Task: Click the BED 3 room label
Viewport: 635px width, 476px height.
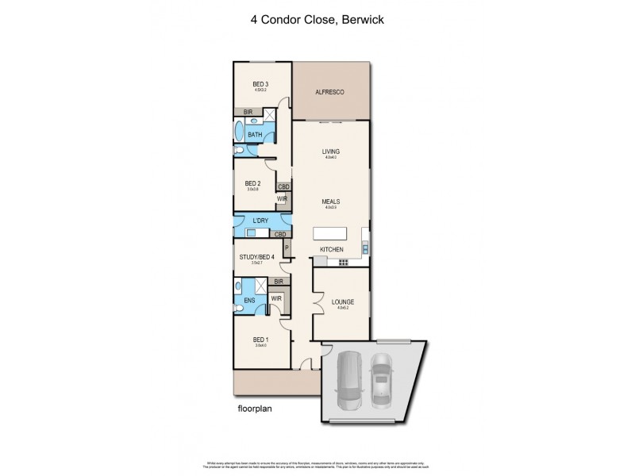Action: click(x=260, y=84)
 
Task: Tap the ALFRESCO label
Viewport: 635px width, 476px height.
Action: click(x=330, y=92)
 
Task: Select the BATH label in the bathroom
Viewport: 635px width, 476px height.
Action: click(x=255, y=135)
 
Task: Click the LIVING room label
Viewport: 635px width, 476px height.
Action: click(x=330, y=152)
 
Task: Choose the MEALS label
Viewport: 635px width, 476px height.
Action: click(x=330, y=202)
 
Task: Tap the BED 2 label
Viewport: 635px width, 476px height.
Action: click(x=252, y=183)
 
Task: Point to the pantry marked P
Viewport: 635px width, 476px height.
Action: click(x=287, y=249)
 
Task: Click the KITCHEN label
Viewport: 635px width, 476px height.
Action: click(x=331, y=250)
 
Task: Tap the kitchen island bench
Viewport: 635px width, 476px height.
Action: click(x=332, y=234)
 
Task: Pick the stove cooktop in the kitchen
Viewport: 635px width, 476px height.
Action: click(x=343, y=261)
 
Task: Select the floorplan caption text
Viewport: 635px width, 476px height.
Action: click(x=256, y=409)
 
